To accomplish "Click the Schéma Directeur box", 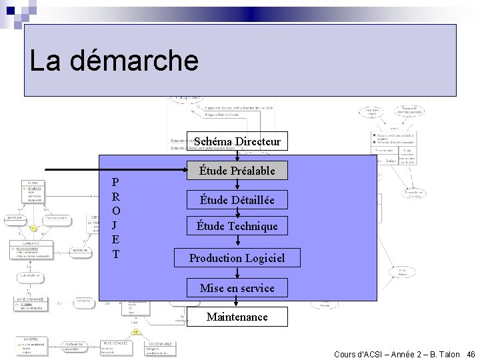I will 237,141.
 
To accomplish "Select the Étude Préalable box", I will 237,171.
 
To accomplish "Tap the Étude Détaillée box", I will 237,199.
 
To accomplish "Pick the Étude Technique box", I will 237,226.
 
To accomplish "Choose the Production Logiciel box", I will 237,257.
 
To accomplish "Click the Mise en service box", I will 237,288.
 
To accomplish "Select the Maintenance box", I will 237,317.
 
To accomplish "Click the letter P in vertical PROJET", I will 116,183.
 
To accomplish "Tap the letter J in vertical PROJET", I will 116,225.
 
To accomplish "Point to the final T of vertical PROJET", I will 116,254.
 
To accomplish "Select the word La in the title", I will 45,61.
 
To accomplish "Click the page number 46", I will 471,354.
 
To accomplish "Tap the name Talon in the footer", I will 448,354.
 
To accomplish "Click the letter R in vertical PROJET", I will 116,197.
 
